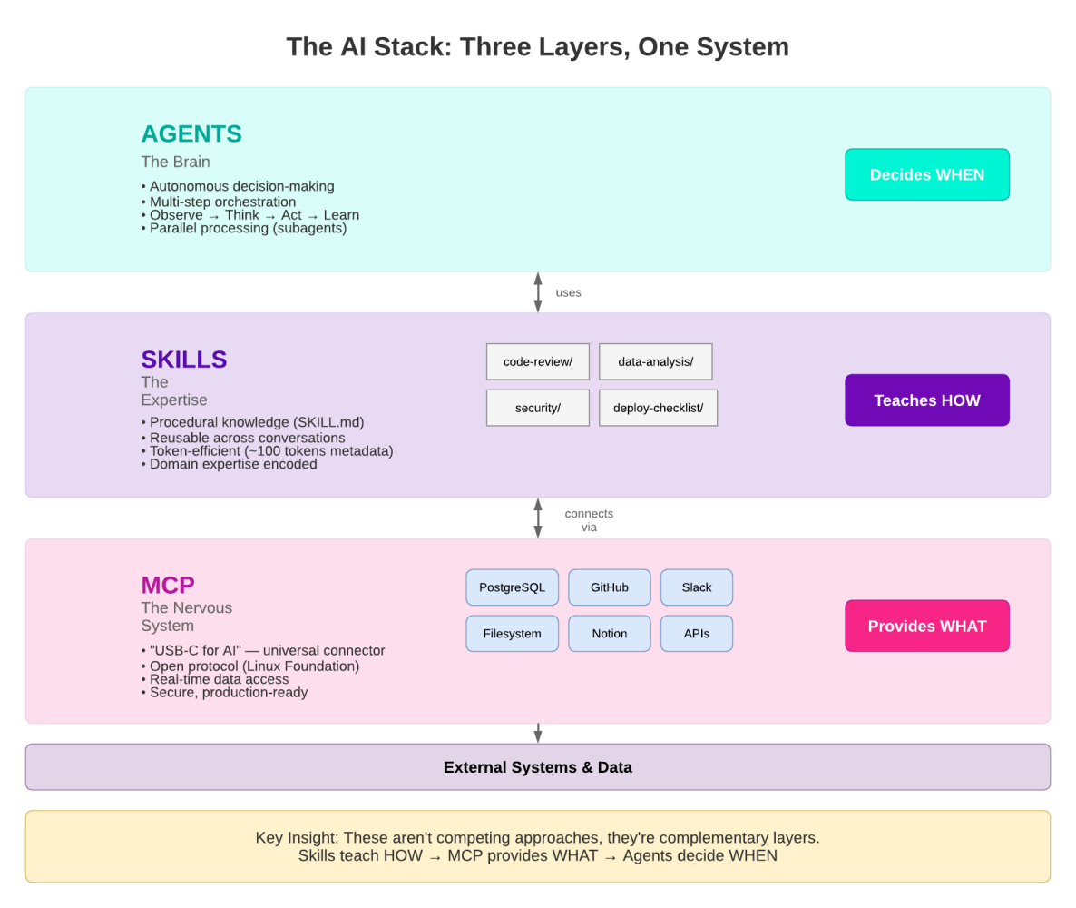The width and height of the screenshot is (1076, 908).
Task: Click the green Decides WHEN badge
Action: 926,174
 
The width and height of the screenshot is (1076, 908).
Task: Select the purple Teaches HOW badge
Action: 926,400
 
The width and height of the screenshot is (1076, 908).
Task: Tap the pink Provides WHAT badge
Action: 926,626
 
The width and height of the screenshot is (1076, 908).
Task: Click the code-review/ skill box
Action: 538,361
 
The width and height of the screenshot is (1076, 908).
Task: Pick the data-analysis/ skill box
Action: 655,361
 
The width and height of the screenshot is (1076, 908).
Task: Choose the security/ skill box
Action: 538,408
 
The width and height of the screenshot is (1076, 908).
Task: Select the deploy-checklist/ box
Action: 658,408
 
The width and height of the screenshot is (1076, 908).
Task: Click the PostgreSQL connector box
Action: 512,587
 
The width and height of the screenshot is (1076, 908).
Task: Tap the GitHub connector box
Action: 610,587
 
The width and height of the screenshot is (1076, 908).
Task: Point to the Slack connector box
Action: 697,587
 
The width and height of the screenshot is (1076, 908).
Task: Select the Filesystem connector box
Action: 512,634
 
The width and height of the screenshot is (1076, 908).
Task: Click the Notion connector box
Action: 610,634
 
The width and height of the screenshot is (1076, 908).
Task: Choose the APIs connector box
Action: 697,634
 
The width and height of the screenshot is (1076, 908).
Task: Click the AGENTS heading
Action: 191,134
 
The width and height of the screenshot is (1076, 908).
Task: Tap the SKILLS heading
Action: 184,360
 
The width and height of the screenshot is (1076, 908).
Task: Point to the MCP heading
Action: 168,586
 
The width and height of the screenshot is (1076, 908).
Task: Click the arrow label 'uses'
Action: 568,292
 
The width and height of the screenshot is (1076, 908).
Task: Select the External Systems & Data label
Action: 538,767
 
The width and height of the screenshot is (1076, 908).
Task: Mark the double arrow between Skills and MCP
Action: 538,518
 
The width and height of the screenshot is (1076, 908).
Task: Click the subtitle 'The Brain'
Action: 175,162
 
